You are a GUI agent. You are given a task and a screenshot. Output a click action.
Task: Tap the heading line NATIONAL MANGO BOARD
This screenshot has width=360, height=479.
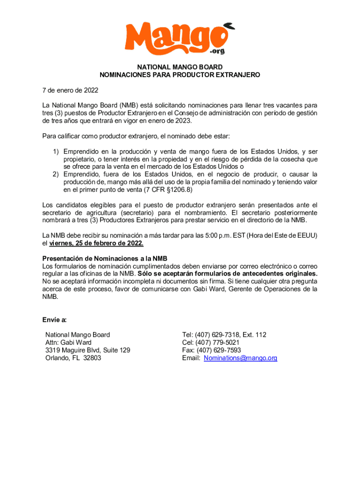[180, 67]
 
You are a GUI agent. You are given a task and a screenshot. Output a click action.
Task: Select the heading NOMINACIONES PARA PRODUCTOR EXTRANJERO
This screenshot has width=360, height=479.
[180, 74]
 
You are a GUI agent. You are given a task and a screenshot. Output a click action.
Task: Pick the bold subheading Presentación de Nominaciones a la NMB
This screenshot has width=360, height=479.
[105, 259]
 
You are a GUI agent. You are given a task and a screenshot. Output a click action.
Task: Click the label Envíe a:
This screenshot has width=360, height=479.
[54, 320]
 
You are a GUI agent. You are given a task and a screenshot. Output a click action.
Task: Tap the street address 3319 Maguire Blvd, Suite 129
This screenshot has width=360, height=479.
[88, 350]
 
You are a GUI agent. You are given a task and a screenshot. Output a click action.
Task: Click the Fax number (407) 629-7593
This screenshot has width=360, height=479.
[219, 350]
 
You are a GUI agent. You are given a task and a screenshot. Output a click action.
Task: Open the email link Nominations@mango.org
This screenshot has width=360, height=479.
[241, 358]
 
